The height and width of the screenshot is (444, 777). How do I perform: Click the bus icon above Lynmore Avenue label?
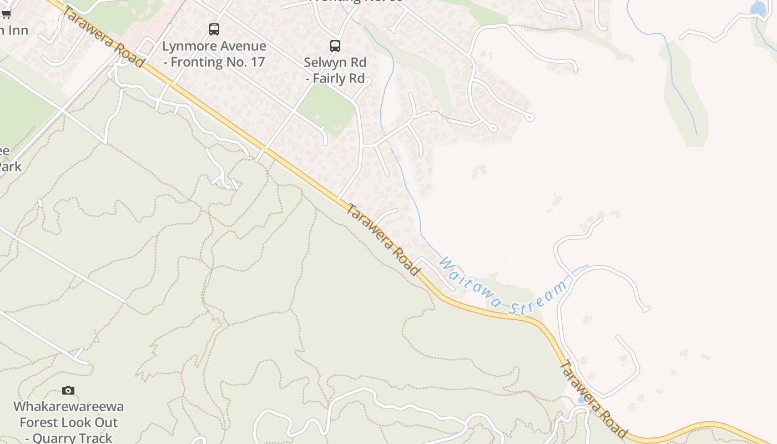pyautogui.click(x=214, y=29)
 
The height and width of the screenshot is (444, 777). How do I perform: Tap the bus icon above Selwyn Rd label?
pyautogui.click(x=335, y=46)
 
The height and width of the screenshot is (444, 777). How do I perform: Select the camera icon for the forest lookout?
pyautogui.click(x=68, y=391)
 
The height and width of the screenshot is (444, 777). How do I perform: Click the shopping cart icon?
pyautogui.click(x=6, y=14)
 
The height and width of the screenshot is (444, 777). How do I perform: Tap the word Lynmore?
pyautogui.click(x=187, y=46)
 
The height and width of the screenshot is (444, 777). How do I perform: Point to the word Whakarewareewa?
pyautogui.click(x=68, y=407)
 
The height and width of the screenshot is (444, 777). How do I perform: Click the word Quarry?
pyautogui.click(x=54, y=438)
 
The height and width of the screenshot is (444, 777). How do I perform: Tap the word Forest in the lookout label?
pyautogui.click(x=38, y=422)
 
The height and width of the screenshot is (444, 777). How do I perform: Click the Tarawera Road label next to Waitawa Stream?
pyautogui.click(x=382, y=239)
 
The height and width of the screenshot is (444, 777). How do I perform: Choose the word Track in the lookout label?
pyautogui.click(x=95, y=438)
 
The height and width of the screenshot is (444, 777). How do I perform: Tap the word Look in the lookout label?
pyautogui.click(x=79, y=422)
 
